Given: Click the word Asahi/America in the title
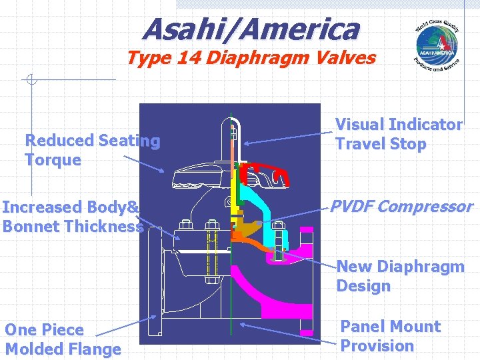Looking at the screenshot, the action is point(251,29).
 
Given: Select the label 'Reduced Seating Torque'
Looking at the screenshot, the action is point(92,150).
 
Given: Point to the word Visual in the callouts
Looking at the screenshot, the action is point(359,125).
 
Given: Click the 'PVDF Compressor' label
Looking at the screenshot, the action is point(401,207).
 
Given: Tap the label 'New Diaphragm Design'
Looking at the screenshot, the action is point(400,276).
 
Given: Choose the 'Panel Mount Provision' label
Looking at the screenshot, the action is point(391,336).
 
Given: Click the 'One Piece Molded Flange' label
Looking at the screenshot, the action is point(63,339).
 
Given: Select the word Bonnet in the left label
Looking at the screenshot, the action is point(28,227).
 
